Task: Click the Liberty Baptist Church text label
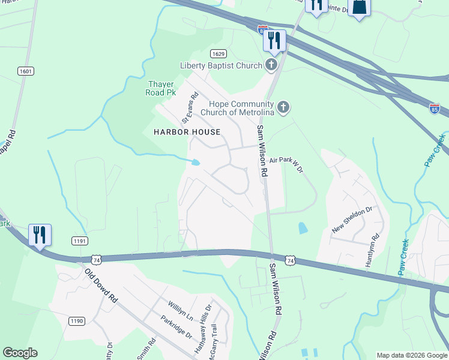(x=221, y=65)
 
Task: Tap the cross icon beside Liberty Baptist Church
(x=271, y=65)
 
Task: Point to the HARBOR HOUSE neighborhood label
(x=187, y=132)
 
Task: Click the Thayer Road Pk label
(x=161, y=89)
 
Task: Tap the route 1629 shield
(x=218, y=54)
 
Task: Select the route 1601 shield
(x=26, y=71)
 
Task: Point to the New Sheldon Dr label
(x=352, y=220)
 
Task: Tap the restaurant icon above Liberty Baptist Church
(x=274, y=41)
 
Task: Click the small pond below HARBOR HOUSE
(x=195, y=163)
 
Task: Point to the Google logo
(x=20, y=353)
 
